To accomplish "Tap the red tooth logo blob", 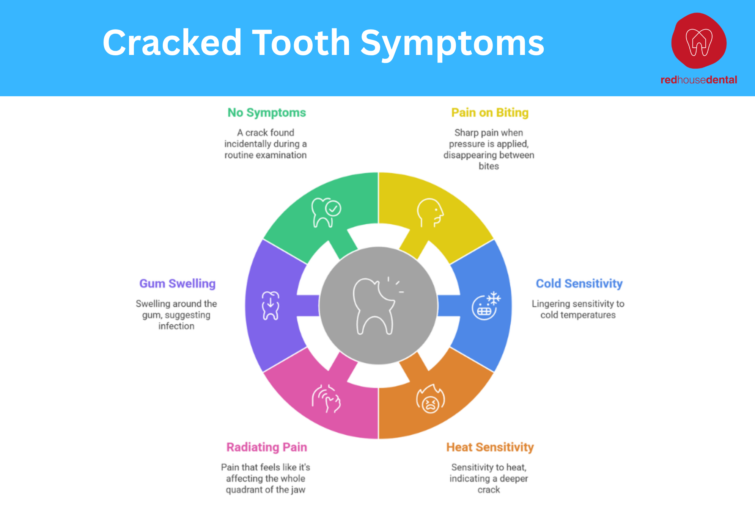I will point(699,41).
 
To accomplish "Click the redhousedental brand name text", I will point(698,80).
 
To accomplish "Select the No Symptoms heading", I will point(266,113).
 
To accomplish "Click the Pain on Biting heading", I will point(489,113).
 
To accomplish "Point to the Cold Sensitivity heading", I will point(579,283).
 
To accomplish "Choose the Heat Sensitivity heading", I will point(489,447).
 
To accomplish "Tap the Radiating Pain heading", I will point(266,447).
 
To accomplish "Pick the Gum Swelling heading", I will point(177,283).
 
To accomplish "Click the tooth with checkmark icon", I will point(326,213).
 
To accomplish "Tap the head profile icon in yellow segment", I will point(430,213).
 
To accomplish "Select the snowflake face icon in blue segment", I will point(486,306).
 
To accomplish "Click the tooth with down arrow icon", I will point(271,306).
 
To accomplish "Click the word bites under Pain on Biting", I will point(489,166).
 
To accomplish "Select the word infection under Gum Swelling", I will point(176,326).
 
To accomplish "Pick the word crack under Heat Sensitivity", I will point(489,490).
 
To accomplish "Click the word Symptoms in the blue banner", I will point(452,44).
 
